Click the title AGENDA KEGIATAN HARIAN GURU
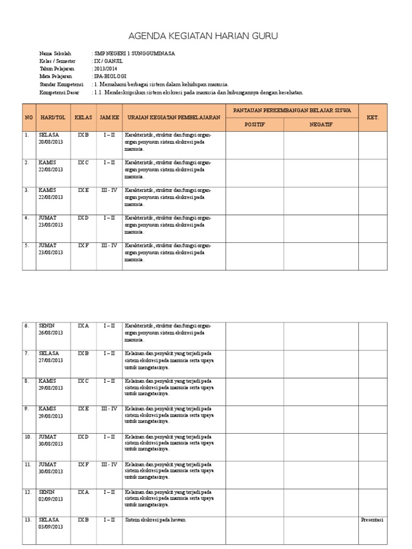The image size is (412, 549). (203, 36)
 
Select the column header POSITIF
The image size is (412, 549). (255, 124)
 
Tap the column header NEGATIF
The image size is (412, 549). (321, 124)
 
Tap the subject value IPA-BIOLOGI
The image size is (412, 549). (107, 77)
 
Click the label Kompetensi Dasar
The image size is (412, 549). (59, 92)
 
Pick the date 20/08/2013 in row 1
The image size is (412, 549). (51, 142)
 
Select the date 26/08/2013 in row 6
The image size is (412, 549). (51, 332)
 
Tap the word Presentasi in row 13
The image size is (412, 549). (372, 520)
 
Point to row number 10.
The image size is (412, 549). (28, 436)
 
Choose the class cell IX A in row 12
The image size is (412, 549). (84, 492)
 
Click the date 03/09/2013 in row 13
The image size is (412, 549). (51, 526)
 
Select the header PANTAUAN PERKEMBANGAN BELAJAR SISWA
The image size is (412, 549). (292, 110)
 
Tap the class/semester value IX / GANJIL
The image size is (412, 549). (105, 61)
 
